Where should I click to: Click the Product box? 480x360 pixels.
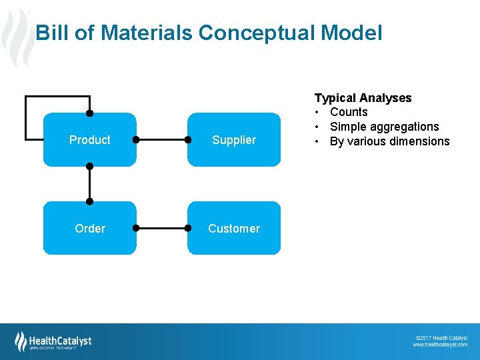(x=89, y=140)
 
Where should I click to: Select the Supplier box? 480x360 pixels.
(x=233, y=140)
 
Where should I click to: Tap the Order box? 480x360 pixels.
(x=89, y=229)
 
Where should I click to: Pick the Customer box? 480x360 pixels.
(x=233, y=229)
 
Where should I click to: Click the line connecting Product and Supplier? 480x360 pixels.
(x=162, y=140)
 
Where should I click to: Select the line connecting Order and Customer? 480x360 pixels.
(x=162, y=229)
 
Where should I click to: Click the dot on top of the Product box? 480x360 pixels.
(x=89, y=113)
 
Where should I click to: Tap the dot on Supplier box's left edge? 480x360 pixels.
(x=189, y=140)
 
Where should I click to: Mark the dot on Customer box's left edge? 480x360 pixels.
(x=189, y=229)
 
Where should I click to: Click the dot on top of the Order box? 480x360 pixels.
(x=89, y=201)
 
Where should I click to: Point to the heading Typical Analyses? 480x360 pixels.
(x=363, y=98)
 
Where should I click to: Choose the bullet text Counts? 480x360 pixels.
(x=349, y=112)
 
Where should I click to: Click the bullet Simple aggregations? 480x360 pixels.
(x=384, y=127)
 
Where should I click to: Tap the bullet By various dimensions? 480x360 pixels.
(x=389, y=141)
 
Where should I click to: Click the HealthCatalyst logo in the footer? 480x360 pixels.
(x=53, y=341)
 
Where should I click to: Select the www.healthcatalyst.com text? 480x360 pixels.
(x=440, y=345)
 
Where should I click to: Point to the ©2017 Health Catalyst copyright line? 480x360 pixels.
(x=441, y=338)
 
